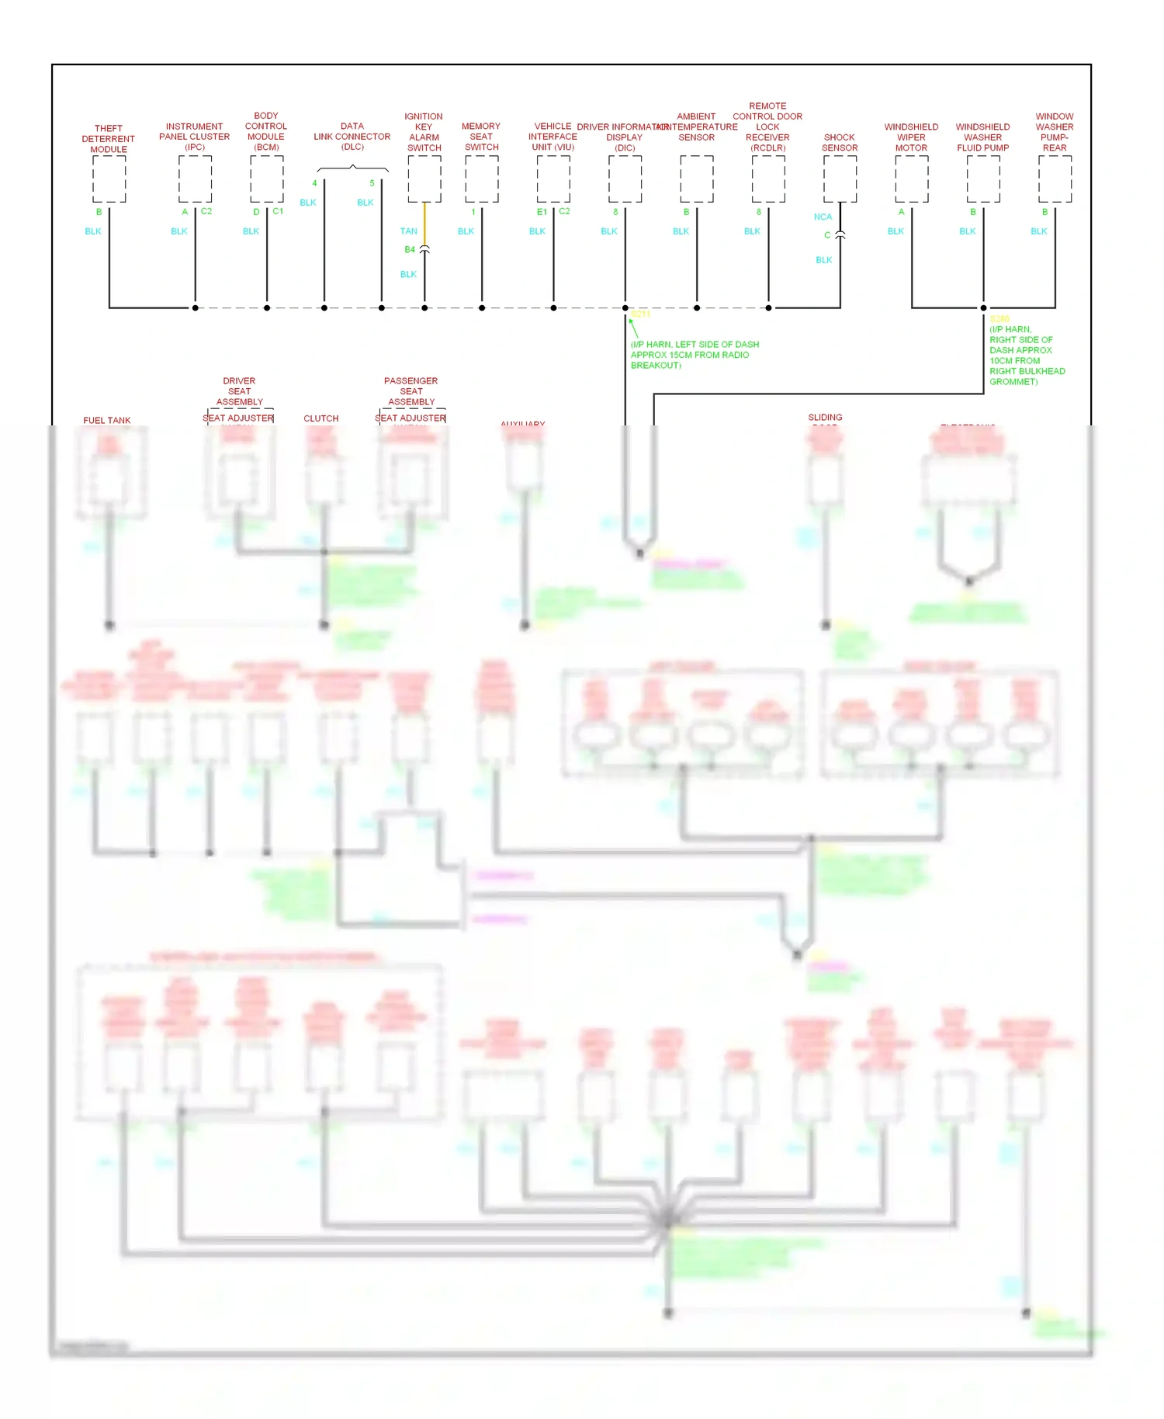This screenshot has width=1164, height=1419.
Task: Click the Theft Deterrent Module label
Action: click(109, 139)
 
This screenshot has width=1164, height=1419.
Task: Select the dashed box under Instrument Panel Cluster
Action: click(195, 179)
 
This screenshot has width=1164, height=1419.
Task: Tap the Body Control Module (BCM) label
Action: click(266, 131)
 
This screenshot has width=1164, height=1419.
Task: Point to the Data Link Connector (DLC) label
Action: click(352, 136)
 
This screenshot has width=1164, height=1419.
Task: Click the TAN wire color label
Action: click(408, 231)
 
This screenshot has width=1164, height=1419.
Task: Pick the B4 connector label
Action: click(410, 249)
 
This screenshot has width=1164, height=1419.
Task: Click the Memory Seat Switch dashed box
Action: click(482, 179)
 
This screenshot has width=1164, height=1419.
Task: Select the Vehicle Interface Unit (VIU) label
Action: click(553, 137)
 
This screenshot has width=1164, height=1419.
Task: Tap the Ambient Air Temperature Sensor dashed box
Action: click(697, 179)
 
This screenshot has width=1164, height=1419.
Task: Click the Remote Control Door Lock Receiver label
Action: click(767, 127)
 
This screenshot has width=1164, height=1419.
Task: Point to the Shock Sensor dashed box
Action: click(840, 179)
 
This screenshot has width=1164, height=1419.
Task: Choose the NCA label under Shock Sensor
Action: click(823, 217)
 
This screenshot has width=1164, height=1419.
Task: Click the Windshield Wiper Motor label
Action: click(911, 137)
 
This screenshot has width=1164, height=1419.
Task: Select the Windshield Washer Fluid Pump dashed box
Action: click(983, 179)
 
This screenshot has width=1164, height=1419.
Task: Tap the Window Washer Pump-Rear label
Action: click(1055, 132)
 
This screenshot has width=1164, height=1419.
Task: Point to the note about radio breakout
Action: click(695, 355)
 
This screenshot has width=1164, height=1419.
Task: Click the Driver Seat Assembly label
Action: click(239, 391)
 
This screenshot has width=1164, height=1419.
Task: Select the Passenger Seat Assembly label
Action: click(411, 391)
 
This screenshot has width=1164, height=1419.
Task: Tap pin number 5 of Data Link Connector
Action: click(372, 183)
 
